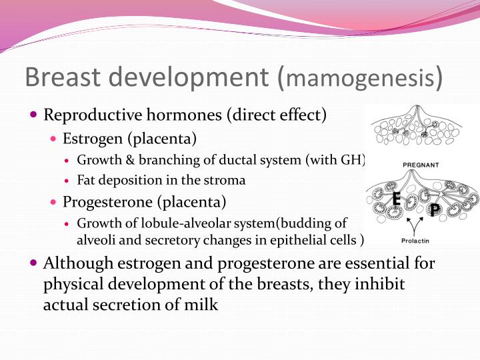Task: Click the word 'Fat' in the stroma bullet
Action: [x=86, y=180]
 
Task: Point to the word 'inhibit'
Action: [x=381, y=284]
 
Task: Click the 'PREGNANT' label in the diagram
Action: [x=421, y=163]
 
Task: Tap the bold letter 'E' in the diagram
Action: [x=396, y=199]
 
